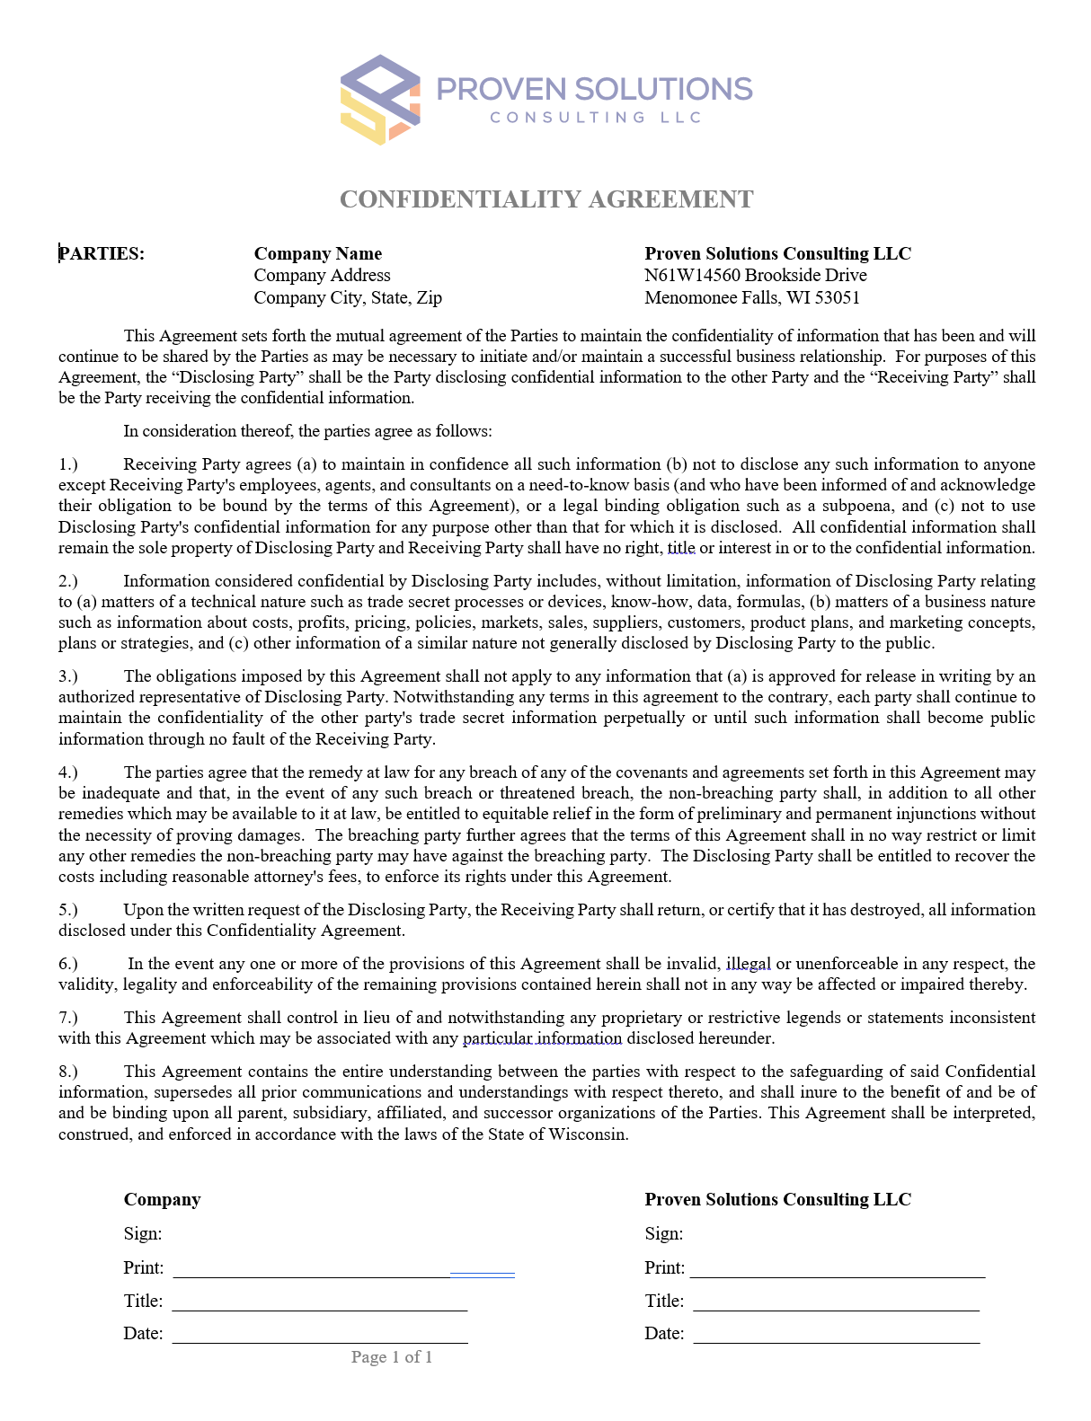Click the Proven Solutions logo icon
[x=380, y=99]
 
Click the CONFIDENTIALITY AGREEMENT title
[x=546, y=199]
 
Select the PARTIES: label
[x=102, y=253]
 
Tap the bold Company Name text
[x=318, y=253]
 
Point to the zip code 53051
[x=837, y=297]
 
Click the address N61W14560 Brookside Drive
[x=756, y=275]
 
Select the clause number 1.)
[x=68, y=464]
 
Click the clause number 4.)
[x=68, y=772]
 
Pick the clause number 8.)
[x=68, y=1072]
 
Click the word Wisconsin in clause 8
[x=590, y=1134]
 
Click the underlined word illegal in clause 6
[x=748, y=964]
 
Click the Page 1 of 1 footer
[x=392, y=1357]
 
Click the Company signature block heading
[x=163, y=1200]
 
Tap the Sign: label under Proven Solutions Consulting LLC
[x=664, y=1234]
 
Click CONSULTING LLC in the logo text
[x=595, y=118]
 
